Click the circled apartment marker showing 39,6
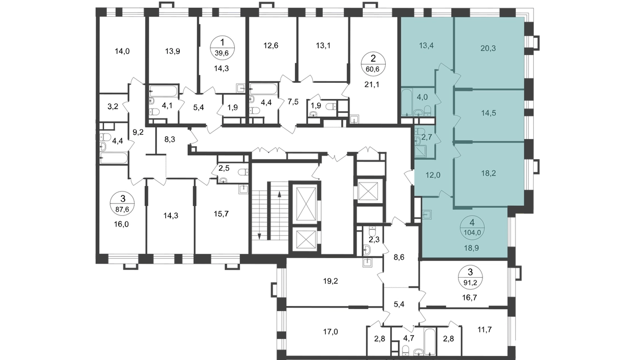click(x=222, y=47)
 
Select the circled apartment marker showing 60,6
click(x=373, y=64)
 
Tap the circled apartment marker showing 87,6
click(x=123, y=204)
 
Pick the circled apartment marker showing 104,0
click(x=472, y=228)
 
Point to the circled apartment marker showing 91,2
click(x=470, y=277)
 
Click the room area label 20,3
click(x=488, y=48)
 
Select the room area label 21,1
click(x=372, y=85)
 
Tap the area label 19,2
click(x=331, y=281)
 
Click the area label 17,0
click(x=331, y=332)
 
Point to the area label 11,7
click(x=485, y=329)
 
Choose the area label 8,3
click(x=170, y=139)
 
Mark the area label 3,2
click(x=112, y=107)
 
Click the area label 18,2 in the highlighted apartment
click(x=489, y=173)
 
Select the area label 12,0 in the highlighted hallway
click(x=432, y=175)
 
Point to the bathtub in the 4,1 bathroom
click(x=163, y=91)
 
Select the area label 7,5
click(x=293, y=102)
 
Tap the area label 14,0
click(x=122, y=51)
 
